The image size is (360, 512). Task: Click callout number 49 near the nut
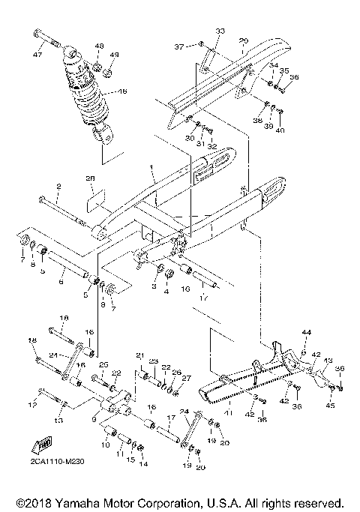coord(114,55)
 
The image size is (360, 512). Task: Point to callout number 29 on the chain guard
coord(243,40)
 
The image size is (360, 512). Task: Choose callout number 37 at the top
coord(180,46)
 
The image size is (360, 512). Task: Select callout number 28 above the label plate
coord(91,178)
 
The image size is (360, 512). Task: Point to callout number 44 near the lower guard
coord(306,331)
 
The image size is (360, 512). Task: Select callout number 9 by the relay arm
coord(94,421)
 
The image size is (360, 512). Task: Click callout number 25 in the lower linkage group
coord(105,365)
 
